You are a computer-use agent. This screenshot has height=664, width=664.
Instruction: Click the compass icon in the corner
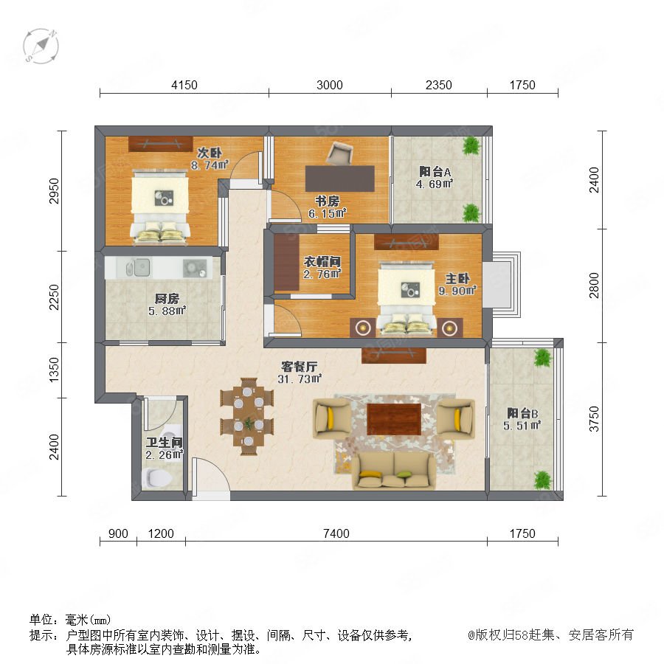coord(41,46)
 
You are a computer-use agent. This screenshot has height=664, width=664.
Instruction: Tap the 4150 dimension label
coord(184,85)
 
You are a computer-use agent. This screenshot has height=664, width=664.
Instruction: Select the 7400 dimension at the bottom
coord(336,533)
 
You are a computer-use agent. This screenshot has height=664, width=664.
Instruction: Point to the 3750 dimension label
coord(594,419)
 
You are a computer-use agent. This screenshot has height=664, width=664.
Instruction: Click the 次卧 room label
coord(210,153)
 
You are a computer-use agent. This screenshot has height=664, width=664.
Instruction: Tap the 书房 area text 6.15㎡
coord(328,213)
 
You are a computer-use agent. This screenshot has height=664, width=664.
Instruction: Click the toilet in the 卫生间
coord(159,477)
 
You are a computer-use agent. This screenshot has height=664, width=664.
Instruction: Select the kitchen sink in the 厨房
coord(139,267)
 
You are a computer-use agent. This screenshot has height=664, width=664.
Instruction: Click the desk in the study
coord(340,179)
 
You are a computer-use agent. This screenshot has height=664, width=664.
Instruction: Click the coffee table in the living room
coord(394,419)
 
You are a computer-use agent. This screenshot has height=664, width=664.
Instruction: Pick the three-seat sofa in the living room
coord(394,471)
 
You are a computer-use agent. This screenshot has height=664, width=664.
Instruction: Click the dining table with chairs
coord(247,417)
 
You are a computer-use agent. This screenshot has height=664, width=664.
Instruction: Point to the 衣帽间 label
coord(322,262)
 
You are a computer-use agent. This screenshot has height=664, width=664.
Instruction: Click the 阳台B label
coord(522,413)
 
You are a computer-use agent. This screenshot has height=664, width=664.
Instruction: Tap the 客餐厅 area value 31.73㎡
coord(300,379)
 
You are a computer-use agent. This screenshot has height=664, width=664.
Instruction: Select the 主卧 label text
coord(457,279)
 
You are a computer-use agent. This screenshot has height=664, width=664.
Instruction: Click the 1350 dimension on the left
coord(54,370)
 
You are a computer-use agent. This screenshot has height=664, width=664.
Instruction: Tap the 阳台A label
coord(435,171)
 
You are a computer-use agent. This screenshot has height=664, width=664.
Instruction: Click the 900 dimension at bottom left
coord(118,533)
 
